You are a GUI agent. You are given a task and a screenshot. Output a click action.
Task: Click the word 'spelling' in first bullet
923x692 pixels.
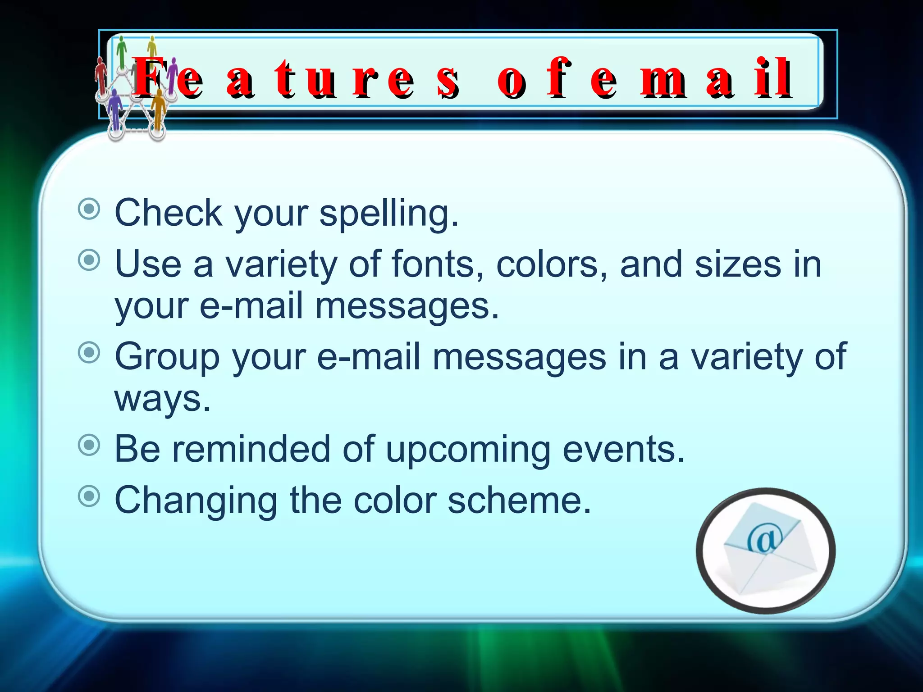tap(388, 213)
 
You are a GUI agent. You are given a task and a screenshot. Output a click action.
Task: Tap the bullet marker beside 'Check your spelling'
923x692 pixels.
tap(89, 209)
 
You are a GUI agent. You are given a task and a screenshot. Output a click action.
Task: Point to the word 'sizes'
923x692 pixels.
tap(737, 264)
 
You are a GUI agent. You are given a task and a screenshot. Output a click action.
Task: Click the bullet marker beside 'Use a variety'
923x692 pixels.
tap(89, 260)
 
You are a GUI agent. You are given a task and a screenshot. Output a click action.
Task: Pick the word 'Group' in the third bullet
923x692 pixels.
tap(167, 357)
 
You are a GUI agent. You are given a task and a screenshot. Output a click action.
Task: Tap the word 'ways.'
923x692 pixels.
tap(162, 398)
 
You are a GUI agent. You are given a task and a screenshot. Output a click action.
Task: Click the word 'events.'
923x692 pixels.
tap(624, 450)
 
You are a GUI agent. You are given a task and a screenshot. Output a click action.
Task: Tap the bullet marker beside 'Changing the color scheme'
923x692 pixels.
tap(89, 496)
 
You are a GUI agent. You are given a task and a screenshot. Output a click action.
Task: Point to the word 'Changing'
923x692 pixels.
tap(196, 501)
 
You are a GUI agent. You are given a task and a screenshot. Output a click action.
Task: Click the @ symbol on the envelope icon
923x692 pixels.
tap(764, 539)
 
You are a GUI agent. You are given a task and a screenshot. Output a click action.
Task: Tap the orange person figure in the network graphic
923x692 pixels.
tap(159, 110)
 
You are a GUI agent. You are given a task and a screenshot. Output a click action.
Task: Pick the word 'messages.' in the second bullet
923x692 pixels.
tap(407, 306)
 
